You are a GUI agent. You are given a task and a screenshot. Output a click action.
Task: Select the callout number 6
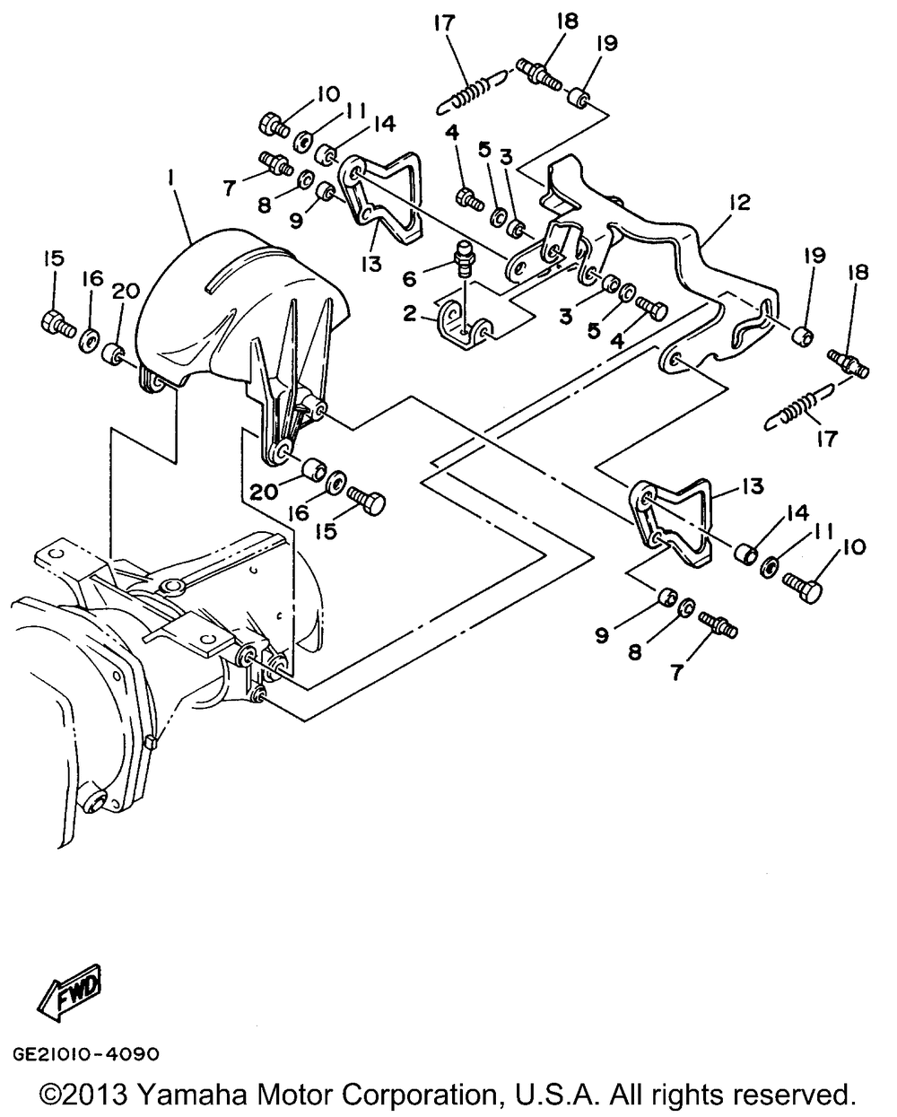[410, 279]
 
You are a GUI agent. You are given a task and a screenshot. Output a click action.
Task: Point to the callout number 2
[410, 313]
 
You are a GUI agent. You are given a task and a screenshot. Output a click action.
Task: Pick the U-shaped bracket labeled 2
[465, 326]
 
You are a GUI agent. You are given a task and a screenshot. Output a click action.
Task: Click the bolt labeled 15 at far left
[57, 323]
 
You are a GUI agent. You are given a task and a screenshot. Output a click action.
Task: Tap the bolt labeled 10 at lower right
[802, 586]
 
